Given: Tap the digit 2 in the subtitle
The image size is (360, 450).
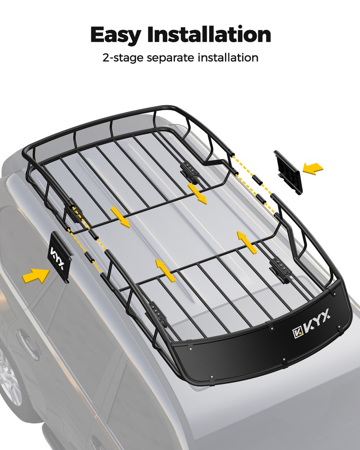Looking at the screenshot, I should tap(105, 58).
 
